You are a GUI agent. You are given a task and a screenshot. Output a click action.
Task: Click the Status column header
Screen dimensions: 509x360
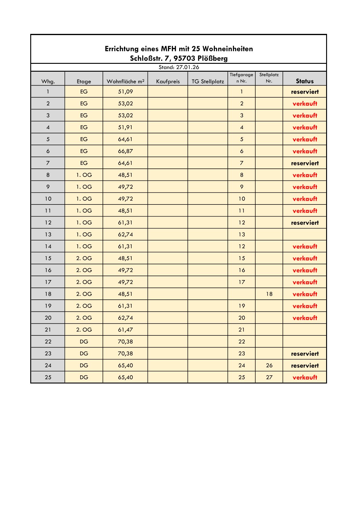coord(305,81)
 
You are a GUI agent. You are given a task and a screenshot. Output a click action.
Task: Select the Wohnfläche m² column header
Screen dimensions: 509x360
coord(125,81)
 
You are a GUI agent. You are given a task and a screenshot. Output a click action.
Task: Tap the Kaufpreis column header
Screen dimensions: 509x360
coord(168,81)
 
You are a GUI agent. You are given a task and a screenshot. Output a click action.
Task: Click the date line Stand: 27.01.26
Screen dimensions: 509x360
coord(179,67)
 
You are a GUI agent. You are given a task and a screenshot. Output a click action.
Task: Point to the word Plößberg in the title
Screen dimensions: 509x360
coord(213,58)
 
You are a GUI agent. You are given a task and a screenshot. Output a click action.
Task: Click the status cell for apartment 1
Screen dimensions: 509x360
coord(305,92)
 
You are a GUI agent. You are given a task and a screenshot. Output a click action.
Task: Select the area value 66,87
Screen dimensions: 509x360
coord(125,151)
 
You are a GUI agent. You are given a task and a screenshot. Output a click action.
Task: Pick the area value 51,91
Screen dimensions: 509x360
coord(125,127)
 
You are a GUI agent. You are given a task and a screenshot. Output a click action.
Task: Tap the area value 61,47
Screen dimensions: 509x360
coord(125,330)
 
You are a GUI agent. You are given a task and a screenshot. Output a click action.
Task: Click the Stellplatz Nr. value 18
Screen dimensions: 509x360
coord(269,294)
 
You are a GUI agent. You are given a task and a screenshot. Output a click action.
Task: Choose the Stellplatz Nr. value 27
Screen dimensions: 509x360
coord(269,377)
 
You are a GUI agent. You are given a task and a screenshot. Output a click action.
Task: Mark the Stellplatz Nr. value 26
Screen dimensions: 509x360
coord(269,365)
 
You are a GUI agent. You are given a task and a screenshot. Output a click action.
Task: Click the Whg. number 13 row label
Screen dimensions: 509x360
coord(48,234)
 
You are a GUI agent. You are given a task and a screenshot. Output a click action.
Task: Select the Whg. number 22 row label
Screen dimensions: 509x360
coord(48,341)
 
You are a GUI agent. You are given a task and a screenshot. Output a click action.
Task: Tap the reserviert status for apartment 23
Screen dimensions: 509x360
coord(305,354)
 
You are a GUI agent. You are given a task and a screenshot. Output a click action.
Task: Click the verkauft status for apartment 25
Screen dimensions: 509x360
coord(305,377)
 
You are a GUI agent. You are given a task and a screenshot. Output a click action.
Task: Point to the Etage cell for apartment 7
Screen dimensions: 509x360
coord(84,163)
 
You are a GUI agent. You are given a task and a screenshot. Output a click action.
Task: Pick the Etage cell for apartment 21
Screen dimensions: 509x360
coord(84,330)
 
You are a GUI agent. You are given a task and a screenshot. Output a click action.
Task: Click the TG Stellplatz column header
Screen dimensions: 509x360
coord(208,81)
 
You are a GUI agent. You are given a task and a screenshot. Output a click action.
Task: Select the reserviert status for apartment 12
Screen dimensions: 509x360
coord(305,223)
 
